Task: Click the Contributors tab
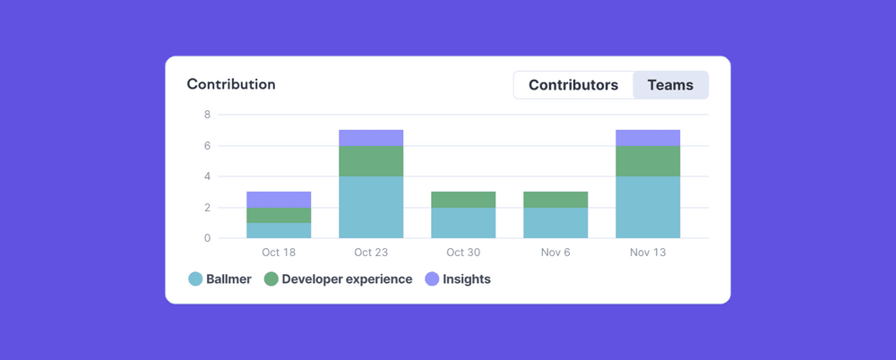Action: coord(573,85)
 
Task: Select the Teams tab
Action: coord(670,85)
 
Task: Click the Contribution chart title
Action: coord(231,84)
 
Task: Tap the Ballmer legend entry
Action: coord(220,279)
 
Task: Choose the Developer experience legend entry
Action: coord(339,279)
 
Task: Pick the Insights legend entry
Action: coord(458,279)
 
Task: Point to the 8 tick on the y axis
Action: coord(207,115)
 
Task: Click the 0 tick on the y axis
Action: coord(207,238)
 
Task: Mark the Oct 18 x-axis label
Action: coord(279,253)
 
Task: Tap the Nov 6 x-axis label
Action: coord(556,253)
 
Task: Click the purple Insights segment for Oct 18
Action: coord(279,199)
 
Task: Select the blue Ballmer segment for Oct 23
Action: coord(371,207)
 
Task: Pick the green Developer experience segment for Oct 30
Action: coord(463,199)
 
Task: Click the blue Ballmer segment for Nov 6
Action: coord(556,222)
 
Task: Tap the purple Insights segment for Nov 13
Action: coord(648,138)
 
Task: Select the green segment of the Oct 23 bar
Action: coord(371,161)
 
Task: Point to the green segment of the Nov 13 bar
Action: coord(648,161)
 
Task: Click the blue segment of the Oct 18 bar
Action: coord(279,230)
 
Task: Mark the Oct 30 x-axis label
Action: coord(463,253)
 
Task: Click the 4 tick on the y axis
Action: coord(207,176)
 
